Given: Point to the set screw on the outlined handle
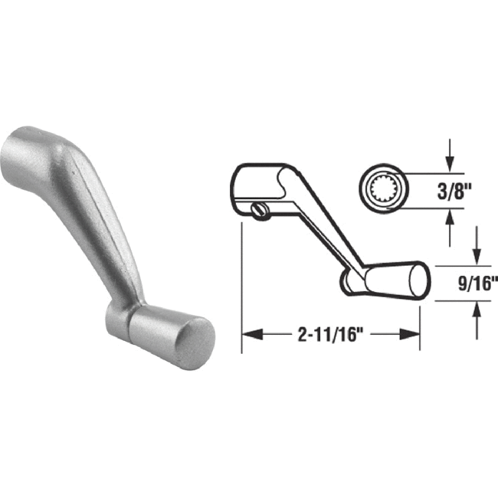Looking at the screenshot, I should [x=262, y=209].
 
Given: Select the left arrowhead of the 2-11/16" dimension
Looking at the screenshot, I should [x=249, y=335].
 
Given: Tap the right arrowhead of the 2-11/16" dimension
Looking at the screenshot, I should [x=413, y=335].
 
